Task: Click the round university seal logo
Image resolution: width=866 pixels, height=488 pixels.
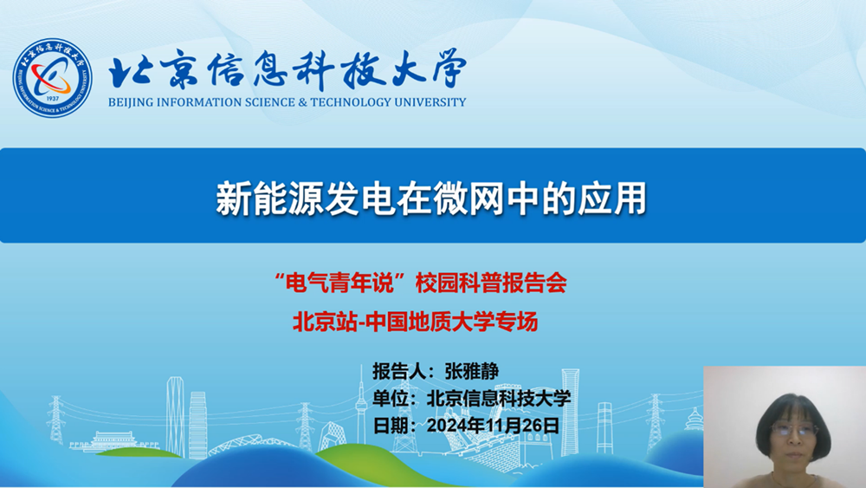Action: pyautogui.click(x=53, y=77)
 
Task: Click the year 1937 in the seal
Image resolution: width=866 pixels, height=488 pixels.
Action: pyautogui.click(x=53, y=98)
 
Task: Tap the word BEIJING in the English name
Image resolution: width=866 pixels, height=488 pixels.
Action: pyautogui.click(x=131, y=102)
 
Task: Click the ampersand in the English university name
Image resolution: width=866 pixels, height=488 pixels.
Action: pyautogui.click(x=302, y=102)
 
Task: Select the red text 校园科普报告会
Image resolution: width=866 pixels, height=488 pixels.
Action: pyautogui.click(x=491, y=283)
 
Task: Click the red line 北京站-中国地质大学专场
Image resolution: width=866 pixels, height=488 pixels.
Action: pyautogui.click(x=416, y=321)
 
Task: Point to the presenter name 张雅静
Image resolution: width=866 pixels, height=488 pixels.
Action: pyautogui.click(x=472, y=371)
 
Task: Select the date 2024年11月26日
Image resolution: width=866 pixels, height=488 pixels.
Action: pyautogui.click(x=494, y=425)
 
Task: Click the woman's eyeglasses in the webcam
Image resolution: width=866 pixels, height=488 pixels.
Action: pyautogui.click(x=793, y=429)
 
